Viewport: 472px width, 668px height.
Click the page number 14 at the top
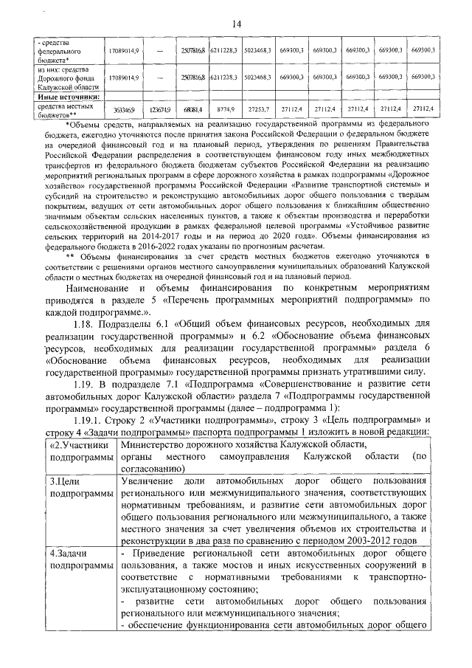(x=237, y=24)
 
